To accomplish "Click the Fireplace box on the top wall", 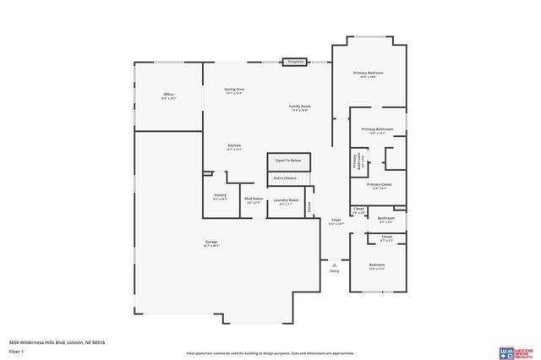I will (295, 62).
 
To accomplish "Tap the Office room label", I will (168, 95).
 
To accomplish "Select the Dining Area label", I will (234, 90).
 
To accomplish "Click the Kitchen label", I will (234, 146).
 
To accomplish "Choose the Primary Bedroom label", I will (369, 74).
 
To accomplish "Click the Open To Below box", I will (289, 160).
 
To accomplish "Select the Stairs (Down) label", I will (285, 178).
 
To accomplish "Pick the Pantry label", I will (220, 196).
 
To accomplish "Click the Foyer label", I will (336, 221).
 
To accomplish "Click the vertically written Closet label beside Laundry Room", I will (309, 205).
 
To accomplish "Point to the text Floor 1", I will (16, 350).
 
